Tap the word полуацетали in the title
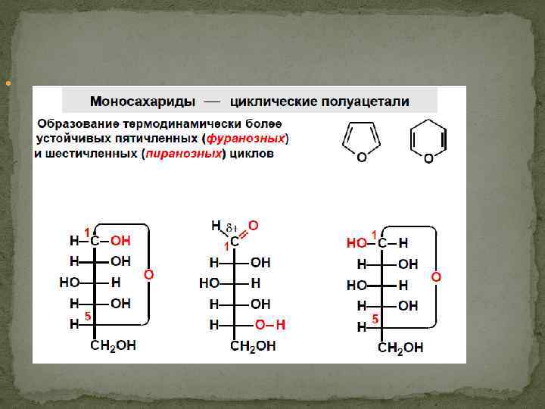(x=366, y=101)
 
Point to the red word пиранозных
(x=186, y=154)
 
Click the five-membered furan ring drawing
(x=361, y=141)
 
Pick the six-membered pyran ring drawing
(x=428, y=142)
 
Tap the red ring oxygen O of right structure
(x=436, y=277)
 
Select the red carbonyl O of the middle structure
(x=254, y=225)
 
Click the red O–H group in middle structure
(x=270, y=324)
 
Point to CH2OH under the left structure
(x=114, y=345)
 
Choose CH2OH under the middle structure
(x=253, y=346)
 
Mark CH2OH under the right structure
(x=400, y=348)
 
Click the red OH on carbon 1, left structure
(x=120, y=241)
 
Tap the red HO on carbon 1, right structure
(x=357, y=243)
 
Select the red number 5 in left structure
(x=87, y=317)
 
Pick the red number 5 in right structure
(x=375, y=319)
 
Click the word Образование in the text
(x=75, y=123)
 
